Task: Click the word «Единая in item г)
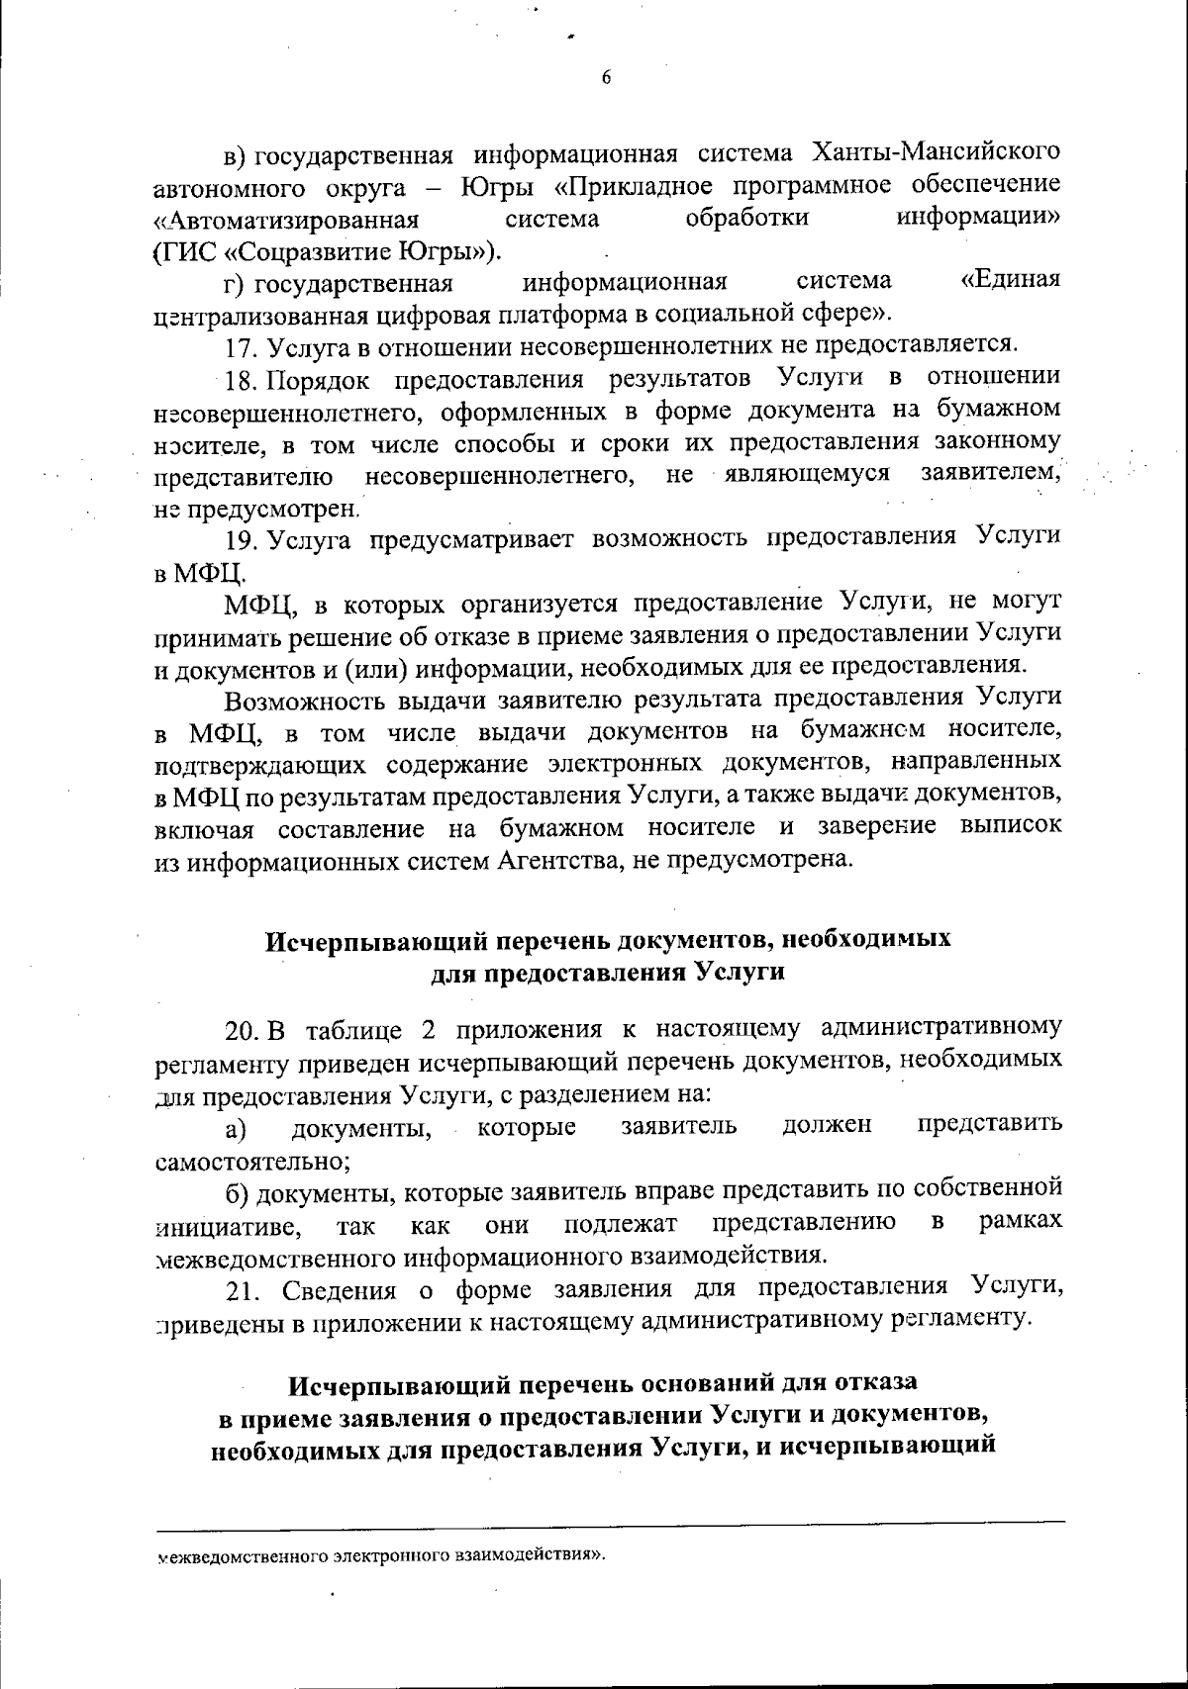point(1011,281)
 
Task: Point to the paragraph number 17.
point(241,345)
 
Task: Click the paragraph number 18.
point(241,377)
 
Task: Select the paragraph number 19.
point(241,537)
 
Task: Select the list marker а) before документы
point(235,1127)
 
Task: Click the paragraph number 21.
point(241,1289)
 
